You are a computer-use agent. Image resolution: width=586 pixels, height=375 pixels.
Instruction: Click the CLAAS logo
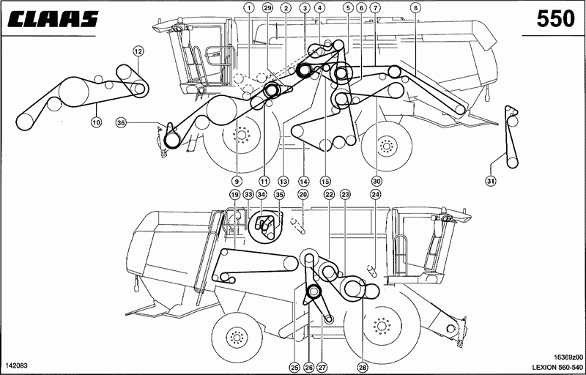coord(53,18)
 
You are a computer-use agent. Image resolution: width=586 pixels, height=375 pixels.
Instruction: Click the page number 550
coord(555,18)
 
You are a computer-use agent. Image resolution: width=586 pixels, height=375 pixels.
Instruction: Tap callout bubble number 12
coord(138,51)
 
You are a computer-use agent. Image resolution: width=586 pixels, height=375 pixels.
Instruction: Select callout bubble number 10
coord(97,122)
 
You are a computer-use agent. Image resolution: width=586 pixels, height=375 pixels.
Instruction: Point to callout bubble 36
coord(120,122)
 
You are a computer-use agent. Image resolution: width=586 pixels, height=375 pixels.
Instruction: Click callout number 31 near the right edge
coord(491,181)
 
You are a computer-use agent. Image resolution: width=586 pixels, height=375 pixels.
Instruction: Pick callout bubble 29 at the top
coord(267,7)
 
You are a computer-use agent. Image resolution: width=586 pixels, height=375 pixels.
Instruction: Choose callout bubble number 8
coord(414,7)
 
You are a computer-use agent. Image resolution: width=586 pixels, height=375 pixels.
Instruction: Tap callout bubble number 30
coord(377,181)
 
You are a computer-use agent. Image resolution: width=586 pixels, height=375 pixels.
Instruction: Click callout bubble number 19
coord(234,194)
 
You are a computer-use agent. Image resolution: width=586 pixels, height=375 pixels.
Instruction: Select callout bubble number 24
coord(375,194)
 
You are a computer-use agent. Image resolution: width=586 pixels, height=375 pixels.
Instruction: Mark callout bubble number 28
coord(362,368)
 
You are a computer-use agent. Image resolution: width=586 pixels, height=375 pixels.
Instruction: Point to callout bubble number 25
coord(295,368)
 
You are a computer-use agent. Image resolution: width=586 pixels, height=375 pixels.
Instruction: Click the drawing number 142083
coord(17,365)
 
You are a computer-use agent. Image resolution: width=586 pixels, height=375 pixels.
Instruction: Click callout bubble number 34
coord(262,194)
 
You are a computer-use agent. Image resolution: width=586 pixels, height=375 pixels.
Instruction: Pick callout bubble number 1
coord(249,7)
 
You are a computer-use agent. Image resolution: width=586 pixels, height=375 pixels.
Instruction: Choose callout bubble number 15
coord(325,181)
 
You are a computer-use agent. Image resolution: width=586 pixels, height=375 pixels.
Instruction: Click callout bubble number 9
coord(237,181)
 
